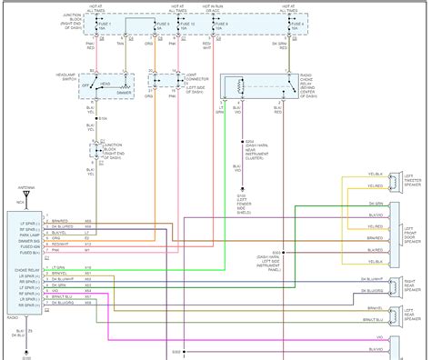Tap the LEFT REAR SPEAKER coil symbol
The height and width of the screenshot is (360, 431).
click(398, 288)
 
